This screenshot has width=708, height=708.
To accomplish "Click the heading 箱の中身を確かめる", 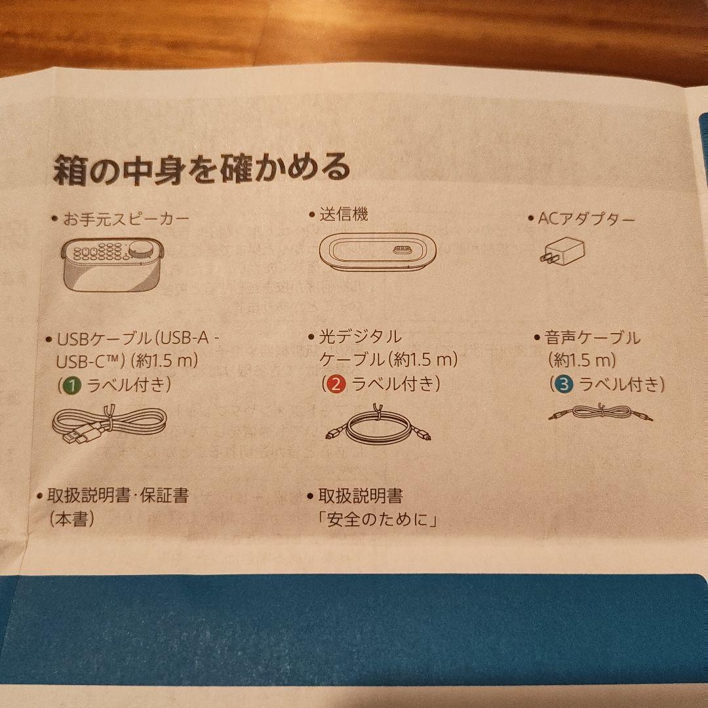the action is point(202,168).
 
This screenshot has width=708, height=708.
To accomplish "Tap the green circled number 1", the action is point(73,385).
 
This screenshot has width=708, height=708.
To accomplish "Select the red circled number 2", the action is point(336,383).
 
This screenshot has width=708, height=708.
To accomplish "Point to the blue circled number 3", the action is point(564,384).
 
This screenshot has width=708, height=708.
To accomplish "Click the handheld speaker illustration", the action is point(113,265).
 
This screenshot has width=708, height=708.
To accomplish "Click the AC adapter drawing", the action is point(562,251).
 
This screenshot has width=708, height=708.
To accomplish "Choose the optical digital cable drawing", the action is point(378,424).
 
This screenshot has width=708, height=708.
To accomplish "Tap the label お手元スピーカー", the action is point(126,220).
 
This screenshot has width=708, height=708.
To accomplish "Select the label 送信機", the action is point(344,214).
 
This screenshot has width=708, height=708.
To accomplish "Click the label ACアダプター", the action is point(587,220).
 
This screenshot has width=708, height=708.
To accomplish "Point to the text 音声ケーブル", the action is point(593,338).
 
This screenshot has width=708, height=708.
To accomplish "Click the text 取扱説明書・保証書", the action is point(118,496).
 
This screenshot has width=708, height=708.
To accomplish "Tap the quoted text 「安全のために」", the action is point(378,520).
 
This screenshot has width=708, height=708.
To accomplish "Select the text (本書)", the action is point(72,519).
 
